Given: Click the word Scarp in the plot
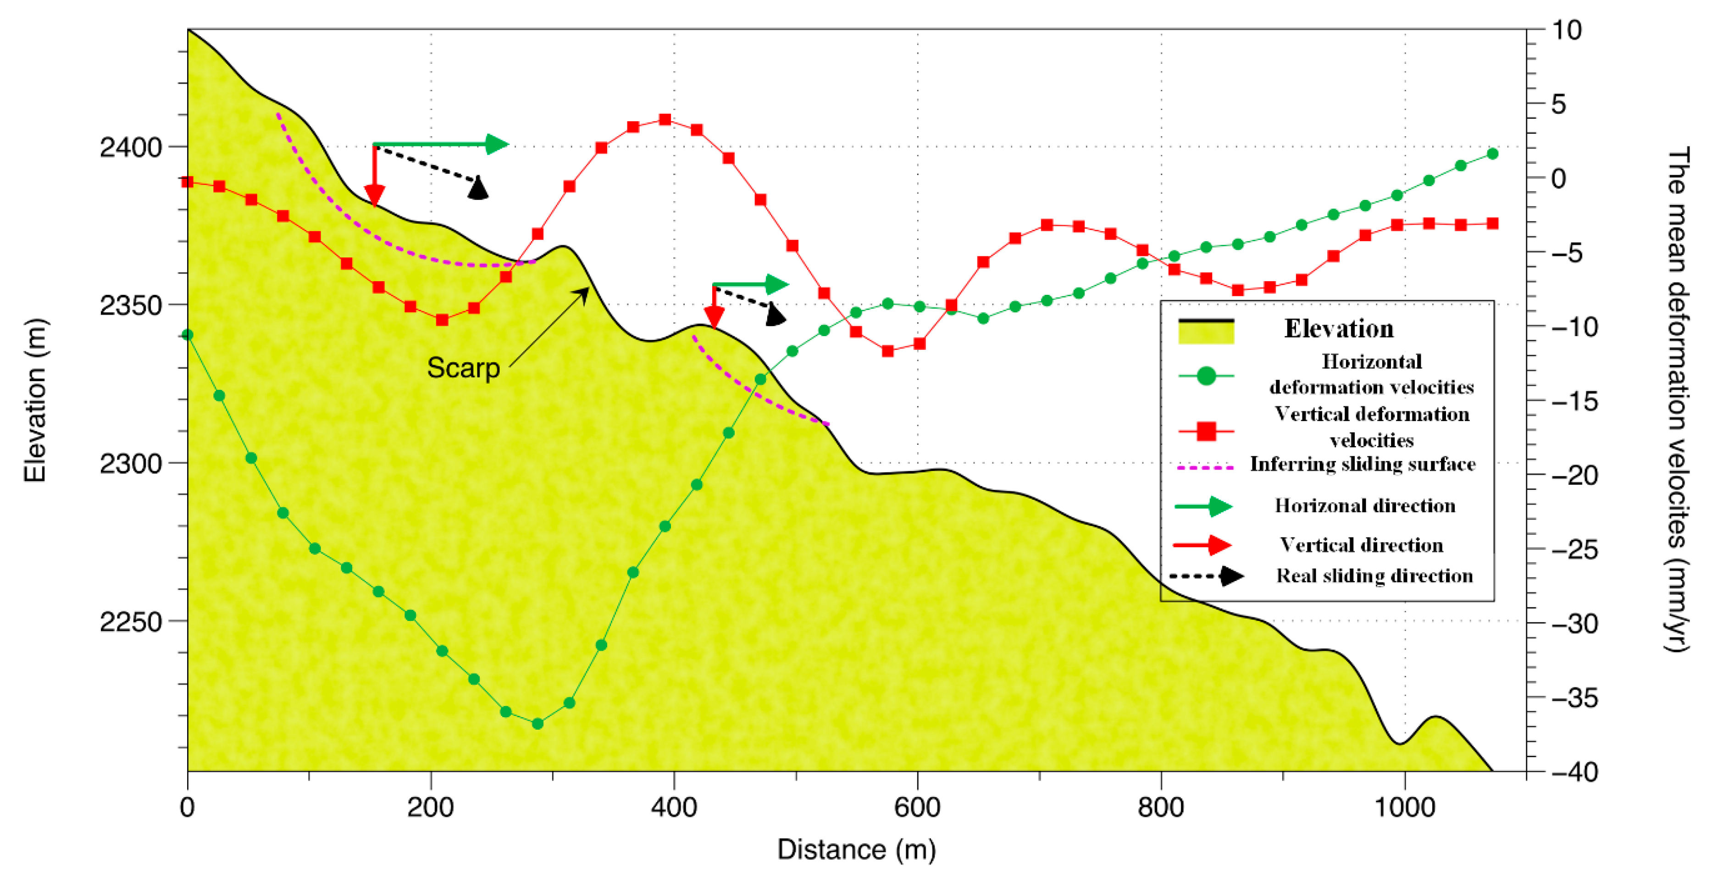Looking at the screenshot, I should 463,367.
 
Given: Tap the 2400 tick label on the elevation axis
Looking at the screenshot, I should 131,147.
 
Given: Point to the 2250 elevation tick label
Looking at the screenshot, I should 131,622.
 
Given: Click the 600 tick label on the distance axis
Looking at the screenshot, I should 917,807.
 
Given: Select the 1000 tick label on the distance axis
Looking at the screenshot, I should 1404,807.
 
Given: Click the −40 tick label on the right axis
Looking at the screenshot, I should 1574,772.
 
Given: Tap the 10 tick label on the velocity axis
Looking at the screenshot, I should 1567,30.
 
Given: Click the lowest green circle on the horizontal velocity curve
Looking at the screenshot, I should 537,724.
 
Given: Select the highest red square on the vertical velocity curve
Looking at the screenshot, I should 665,120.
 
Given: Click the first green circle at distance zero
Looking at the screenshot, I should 188,335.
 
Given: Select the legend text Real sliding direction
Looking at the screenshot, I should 1374,576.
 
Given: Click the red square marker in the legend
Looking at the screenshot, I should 1206,431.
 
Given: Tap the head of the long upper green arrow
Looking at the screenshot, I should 497,144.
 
